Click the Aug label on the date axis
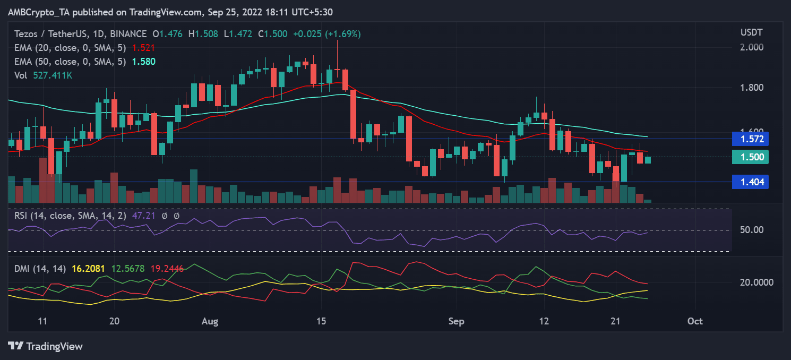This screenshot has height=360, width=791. (210, 321)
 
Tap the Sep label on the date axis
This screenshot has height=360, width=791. (456, 321)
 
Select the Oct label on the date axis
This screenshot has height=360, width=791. (694, 321)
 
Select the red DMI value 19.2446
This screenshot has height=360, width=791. (166, 269)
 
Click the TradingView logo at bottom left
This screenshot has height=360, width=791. (46, 346)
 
